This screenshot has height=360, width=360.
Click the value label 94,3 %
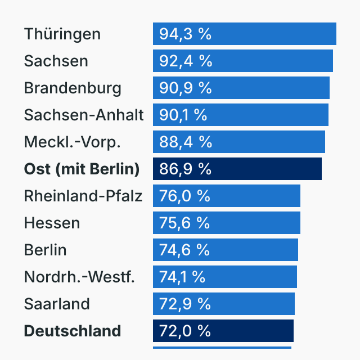click(x=185, y=34)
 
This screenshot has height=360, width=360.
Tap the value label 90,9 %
click(x=185, y=88)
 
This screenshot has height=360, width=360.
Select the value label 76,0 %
click(x=184, y=196)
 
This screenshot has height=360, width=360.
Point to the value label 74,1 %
click(x=182, y=277)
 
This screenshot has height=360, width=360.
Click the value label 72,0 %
click(x=184, y=331)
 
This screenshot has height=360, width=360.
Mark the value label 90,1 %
click(x=183, y=115)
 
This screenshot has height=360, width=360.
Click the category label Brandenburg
click(x=73, y=88)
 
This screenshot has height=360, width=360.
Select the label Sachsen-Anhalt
click(x=84, y=115)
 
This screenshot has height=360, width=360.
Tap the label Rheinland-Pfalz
click(x=83, y=196)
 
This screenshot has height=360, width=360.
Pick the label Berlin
click(x=45, y=250)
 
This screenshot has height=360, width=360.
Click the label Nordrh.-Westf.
click(x=79, y=277)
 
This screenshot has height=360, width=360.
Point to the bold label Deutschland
click(x=73, y=331)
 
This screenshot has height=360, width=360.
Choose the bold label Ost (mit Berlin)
click(x=82, y=169)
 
